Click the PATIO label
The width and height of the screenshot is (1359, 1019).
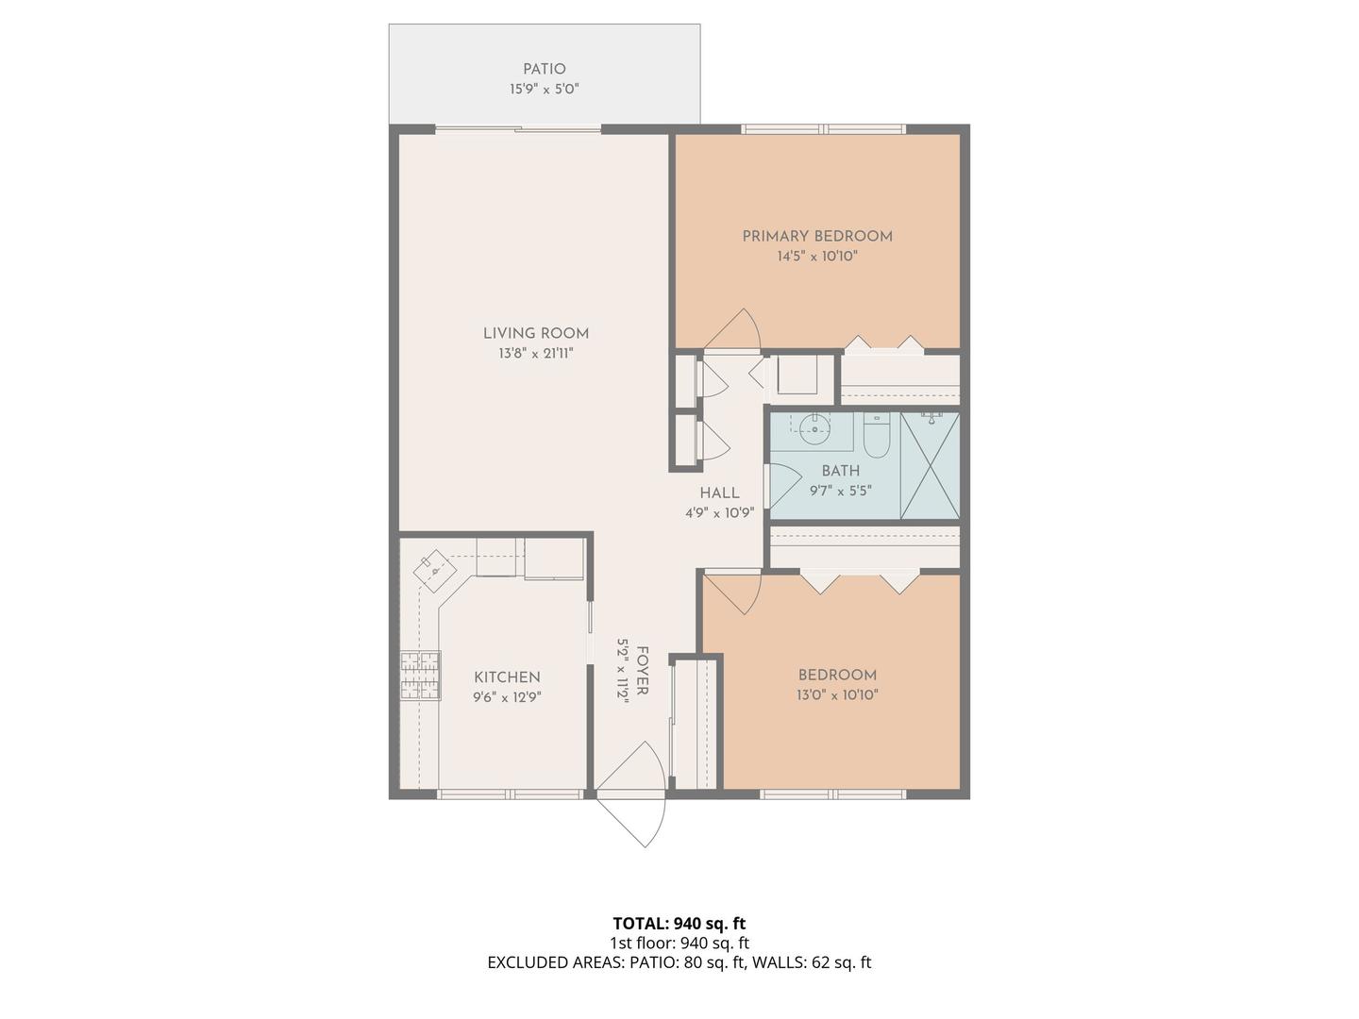[x=545, y=69]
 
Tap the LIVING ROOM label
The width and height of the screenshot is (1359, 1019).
[x=536, y=333]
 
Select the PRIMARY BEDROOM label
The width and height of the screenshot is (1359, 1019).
[x=817, y=236]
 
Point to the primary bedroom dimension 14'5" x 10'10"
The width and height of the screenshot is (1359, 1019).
[x=817, y=256]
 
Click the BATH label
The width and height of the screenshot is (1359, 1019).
[x=841, y=471]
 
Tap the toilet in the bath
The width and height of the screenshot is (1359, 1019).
[x=876, y=436]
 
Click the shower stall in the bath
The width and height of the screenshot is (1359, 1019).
[x=930, y=465]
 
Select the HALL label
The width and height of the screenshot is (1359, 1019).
[x=719, y=493]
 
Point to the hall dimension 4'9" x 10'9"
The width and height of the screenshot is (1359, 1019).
[x=719, y=513]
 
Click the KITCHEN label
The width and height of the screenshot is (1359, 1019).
[x=507, y=677]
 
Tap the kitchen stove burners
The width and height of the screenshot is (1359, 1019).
[x=421, y=676]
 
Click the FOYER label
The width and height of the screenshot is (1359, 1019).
[x=643, y=671]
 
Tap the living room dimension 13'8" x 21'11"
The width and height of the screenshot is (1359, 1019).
[x=536, y=354]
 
